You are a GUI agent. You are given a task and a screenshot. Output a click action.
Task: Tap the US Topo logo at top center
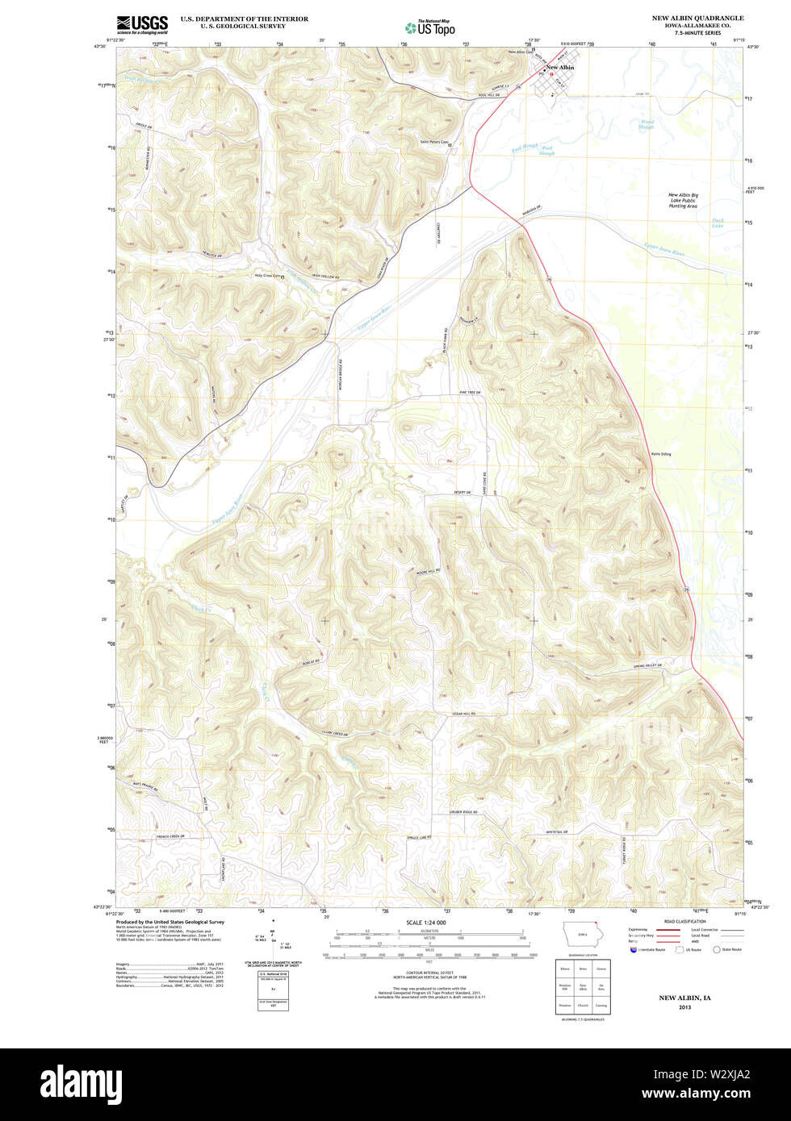[x=429, y=27]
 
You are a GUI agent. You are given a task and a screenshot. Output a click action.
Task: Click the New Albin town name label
[x=561, y=68]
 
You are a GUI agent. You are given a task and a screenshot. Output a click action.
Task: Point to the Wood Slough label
[x=647, y=124]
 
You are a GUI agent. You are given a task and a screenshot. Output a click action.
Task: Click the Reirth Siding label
[x=661, y=454]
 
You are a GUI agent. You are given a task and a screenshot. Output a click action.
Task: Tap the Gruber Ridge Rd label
[x=464, y=812]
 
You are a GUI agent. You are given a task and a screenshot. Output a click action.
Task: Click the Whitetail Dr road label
[x=560, y=831]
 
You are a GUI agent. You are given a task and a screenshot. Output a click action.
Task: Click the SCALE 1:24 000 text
[x=426, y=922]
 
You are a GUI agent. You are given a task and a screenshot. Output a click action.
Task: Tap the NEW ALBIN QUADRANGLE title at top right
[x=698, y=18]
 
